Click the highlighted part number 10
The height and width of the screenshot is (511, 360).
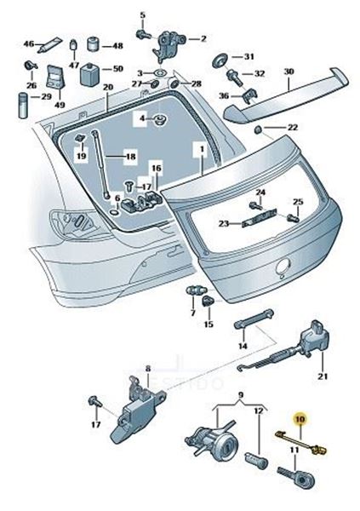pos(300,418)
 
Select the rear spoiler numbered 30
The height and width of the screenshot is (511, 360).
pos(286,95)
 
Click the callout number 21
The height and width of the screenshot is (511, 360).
pos(323,376)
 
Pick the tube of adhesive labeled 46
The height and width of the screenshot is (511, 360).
pos(49,45)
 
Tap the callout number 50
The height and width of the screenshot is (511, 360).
pos(117,69)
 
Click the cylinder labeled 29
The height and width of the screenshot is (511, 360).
pos(23,106)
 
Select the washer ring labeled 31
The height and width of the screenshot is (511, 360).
pos(220,60)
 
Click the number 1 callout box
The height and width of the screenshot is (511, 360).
pos(202,149)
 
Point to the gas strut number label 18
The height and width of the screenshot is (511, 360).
pos(131,157)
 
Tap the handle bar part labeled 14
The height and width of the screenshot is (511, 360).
pos(254,319)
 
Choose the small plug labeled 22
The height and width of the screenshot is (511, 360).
pos(258,129)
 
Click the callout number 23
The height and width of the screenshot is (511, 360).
pos(224,223)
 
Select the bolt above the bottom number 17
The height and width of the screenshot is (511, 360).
pos(94,401)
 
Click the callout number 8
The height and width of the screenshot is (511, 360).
pos(148,369)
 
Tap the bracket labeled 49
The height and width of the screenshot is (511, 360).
pos(55,77)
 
